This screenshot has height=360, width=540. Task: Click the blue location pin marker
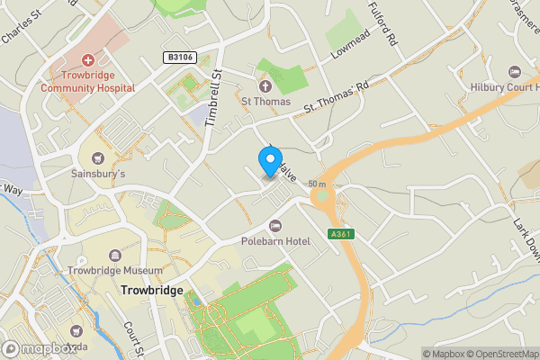(269, 160)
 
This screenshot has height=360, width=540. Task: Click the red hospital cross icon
(87, 58)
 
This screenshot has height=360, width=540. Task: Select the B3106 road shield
(178, 57)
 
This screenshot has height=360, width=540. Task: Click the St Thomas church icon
(265, 86)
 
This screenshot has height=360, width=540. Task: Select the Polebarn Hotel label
(275, 240)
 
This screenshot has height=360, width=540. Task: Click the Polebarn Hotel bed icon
(275, 224)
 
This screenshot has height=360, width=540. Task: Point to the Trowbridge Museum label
(115, 270)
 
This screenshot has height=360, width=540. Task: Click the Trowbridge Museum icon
(115, 256)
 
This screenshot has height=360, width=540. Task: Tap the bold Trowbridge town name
(151, 292)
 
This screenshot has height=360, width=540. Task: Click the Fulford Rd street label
(381, 24)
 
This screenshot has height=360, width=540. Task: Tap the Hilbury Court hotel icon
(514, 71)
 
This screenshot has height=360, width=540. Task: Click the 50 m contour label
(316, 184)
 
